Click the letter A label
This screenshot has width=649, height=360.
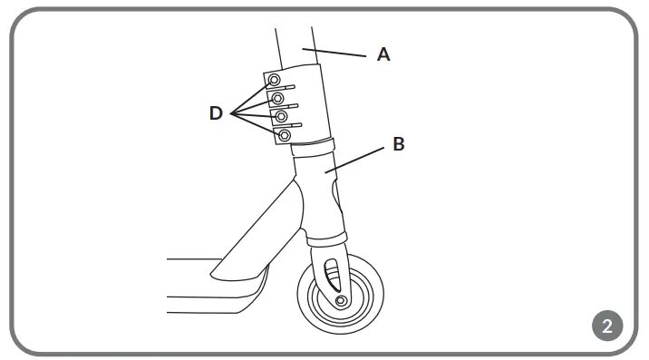point(383,55)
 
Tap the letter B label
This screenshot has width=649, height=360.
point(399,143)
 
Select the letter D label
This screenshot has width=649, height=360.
point(216,113)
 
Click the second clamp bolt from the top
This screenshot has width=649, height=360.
point(278,97)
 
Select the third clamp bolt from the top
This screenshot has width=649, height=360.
point(281,117)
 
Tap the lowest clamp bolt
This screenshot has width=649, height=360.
point(285,136)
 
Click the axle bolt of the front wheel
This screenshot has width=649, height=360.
point(340,300)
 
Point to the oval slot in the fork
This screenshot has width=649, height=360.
point(331,270)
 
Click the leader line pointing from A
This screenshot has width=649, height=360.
point(340,53)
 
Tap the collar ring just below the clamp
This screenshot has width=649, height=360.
point(314,145)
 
